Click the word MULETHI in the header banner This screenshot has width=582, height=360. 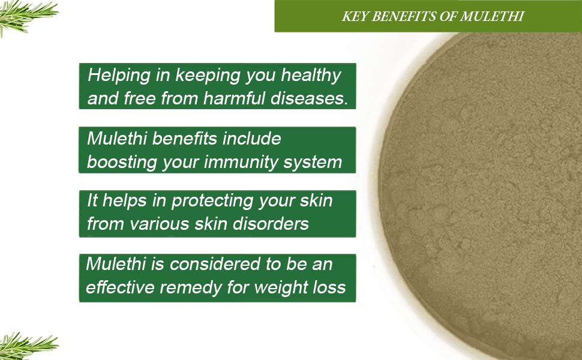point(492,16)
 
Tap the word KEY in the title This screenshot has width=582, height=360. point(355,16)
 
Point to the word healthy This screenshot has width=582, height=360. point(311,76)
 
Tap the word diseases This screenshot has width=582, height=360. point(309,98)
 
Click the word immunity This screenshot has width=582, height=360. point(241,163)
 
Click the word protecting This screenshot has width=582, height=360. point(212,201)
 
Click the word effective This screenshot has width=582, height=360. point(120,287)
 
